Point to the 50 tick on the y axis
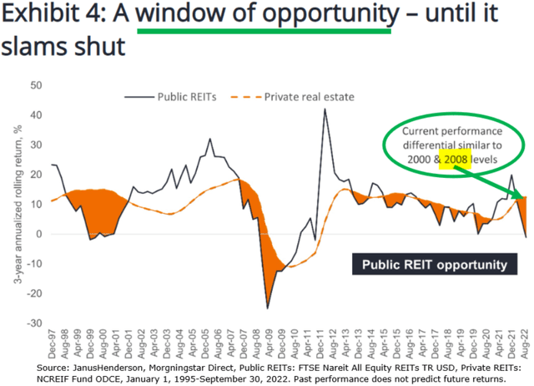click(x=36, y=85)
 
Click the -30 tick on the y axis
click(x=34, y=322)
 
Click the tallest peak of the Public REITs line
click(x=325, y=109)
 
